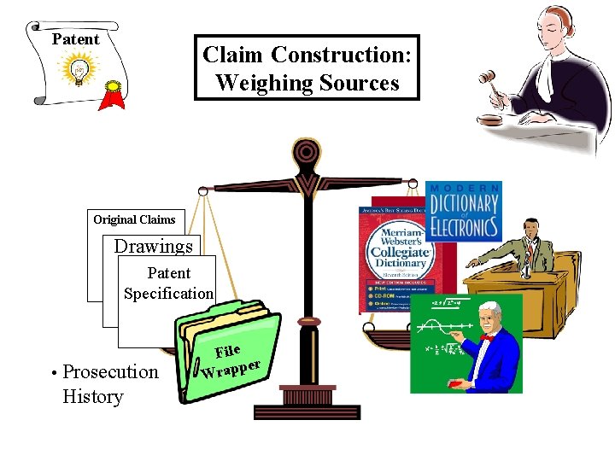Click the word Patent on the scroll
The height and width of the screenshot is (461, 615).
75,39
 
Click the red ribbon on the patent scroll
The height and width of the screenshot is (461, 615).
112,93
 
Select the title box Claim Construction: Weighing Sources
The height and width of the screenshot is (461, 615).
307,68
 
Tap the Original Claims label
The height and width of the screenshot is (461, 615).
134,219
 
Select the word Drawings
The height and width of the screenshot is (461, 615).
154,247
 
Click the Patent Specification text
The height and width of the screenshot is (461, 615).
168,283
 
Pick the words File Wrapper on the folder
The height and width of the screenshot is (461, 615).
229,360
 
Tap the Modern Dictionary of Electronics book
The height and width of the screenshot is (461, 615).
463,208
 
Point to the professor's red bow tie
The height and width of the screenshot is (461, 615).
487,337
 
